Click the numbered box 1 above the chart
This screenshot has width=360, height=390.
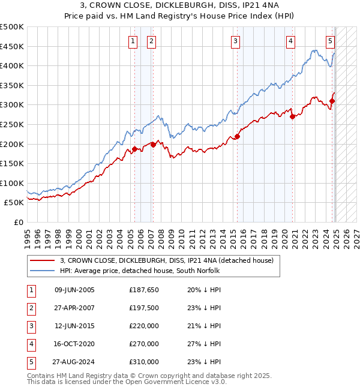[x=132, y=41]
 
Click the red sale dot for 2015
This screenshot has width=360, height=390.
[x=237, y=137]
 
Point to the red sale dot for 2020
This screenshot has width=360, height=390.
[x=292, y=117]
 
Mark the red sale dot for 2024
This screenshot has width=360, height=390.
[x=332, y=101]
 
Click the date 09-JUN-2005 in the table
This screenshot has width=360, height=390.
[x=74, y=290]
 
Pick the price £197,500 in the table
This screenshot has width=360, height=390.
[x=144, y=308]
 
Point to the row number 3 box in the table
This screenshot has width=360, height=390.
[x=30, y=326]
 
